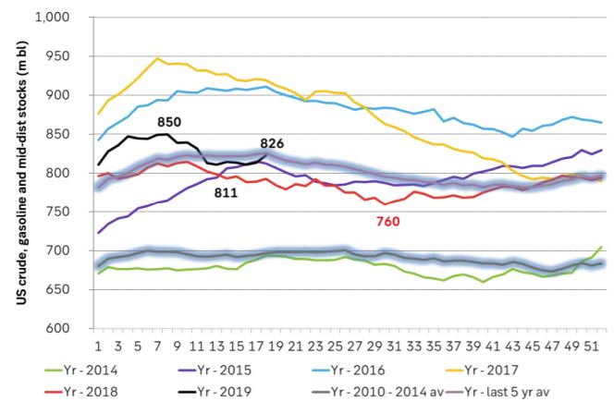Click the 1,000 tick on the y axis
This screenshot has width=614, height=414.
click(x=56, y=18)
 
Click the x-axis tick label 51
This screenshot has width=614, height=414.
click(x=590, y=346)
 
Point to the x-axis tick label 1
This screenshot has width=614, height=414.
click(x=99, y=346)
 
